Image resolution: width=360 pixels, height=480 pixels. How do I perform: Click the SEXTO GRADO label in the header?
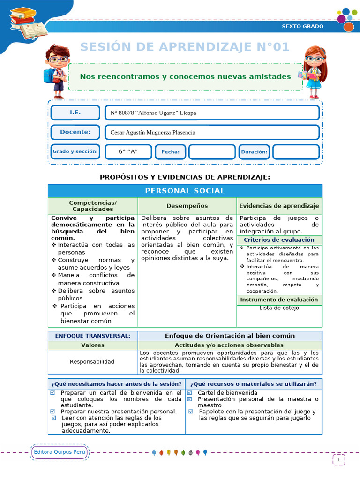(302, 26)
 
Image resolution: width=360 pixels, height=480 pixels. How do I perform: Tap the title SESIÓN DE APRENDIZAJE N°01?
(185, 47)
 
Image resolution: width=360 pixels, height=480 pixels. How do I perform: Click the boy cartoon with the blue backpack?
(56, 71)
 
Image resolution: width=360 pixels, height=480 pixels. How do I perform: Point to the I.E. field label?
(75, 112)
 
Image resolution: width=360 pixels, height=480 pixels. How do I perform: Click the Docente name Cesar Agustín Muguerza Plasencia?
(153, 133)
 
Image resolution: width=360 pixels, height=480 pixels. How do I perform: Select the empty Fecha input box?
(211, 152)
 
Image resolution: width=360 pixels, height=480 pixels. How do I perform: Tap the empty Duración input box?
(296, 152)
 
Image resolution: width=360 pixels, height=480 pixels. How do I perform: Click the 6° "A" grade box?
(127, 152)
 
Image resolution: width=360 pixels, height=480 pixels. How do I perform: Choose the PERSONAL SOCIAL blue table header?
(185, 191)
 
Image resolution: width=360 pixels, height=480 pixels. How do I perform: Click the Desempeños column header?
(187, 206)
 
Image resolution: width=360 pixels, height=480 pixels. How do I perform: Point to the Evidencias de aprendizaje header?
(279, 206)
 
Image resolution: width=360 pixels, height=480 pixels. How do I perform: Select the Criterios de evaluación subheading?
(279, 240)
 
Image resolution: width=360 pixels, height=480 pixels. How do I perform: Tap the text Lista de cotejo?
(279, 308)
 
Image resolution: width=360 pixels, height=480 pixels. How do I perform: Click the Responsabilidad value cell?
(92, 361)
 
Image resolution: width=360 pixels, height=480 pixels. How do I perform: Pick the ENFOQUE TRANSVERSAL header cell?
(92, 336)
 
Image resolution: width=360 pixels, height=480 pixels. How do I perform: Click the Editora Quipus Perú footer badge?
(60, 452)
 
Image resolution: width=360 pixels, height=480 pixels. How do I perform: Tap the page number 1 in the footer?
(338, 460)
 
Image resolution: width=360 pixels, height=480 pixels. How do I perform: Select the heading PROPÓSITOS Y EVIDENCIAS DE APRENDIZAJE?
(185, 177)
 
